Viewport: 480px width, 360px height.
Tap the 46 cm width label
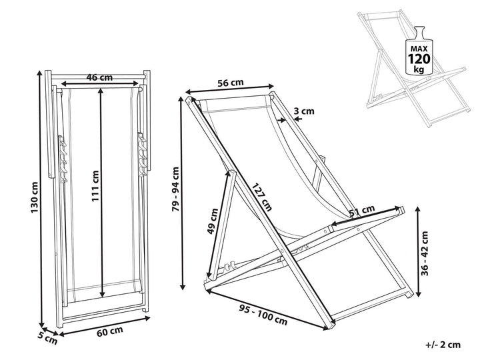[x=99, y=77]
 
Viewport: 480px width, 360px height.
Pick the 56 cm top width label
[x=231, y=83]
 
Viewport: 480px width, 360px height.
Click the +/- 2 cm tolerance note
[x=442, y=345]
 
